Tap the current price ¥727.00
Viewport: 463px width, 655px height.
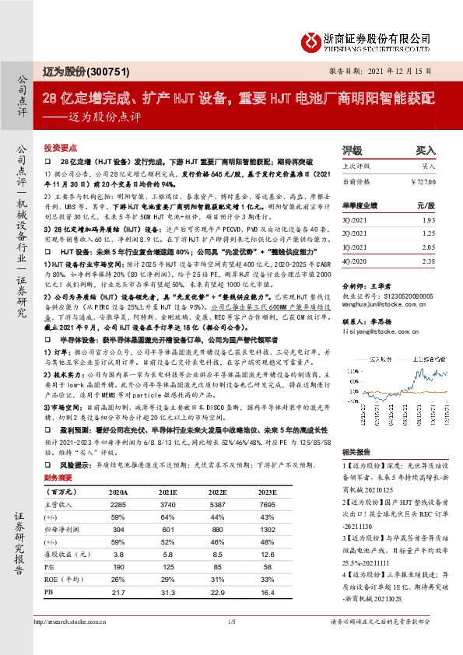pyautogui.click(x=420, y=181)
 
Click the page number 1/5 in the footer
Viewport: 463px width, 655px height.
pyautogui.click(x=231, y=643)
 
